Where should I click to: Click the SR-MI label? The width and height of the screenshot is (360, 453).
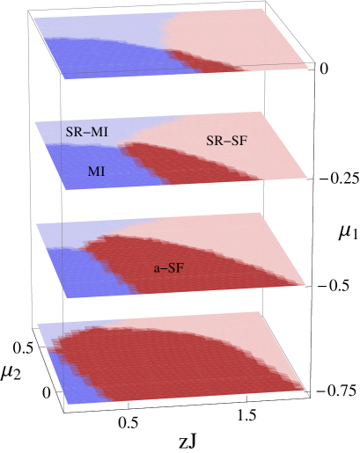coord(86,132)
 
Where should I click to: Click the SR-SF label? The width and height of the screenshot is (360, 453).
coord(226,141)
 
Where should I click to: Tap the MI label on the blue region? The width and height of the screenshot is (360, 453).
coord(96,172)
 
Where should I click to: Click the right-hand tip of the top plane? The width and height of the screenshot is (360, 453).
coord(309,66)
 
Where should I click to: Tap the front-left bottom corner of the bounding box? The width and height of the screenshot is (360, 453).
coord(64,412)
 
